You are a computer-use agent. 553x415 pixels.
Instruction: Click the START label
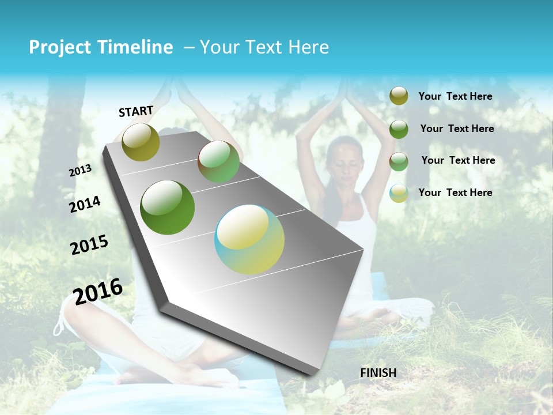tap(136, 111)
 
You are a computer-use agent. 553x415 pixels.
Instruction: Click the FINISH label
tap(378, 373)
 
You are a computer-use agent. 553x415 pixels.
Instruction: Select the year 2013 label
tap(80, 171)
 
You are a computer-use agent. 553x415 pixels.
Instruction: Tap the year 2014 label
tap(85, 204)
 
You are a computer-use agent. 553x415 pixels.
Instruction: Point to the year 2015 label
tap(89, 245)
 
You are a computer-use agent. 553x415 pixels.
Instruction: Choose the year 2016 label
tap(98, 291)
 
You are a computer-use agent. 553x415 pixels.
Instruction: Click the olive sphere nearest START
tap(141, 142)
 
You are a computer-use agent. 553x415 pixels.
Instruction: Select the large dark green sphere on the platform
tap(167, 207)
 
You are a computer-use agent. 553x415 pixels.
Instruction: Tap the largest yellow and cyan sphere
tap(249, 239)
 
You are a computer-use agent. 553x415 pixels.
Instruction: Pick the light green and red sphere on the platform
tap(219, 161)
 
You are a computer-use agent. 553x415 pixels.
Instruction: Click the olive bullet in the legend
tap(399, 96)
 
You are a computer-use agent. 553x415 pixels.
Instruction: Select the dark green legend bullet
tap(399, 129)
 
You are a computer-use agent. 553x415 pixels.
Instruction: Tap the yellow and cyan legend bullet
tap(399, 193)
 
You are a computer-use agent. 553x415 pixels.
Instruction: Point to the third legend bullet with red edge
tap(399, 161)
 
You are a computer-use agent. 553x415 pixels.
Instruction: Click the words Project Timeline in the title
tap(101, 47)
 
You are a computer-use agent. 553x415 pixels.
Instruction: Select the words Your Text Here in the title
tap(264, 47)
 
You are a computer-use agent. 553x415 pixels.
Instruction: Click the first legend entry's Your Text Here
tap(455, 96)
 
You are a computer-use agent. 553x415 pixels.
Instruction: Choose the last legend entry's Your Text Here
tap(455, 193)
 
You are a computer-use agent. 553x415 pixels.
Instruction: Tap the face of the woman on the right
tap(345, 161)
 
